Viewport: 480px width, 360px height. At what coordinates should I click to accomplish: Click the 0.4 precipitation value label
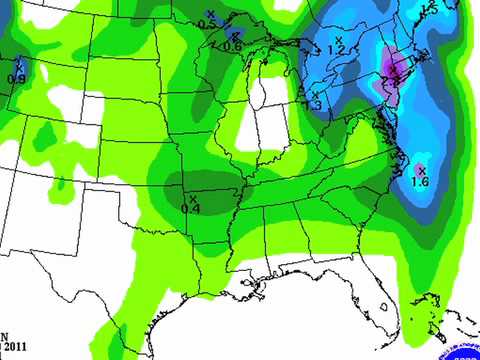click(191, 208)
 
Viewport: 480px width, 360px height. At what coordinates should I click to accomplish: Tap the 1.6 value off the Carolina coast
click(420, 183)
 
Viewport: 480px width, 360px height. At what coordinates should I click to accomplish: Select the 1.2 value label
click(336, 49)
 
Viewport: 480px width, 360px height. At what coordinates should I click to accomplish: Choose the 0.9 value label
click(16, 78)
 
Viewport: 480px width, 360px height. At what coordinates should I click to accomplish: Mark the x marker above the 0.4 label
click(192, 197)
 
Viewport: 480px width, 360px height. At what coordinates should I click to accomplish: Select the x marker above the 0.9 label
click(17, 66)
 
